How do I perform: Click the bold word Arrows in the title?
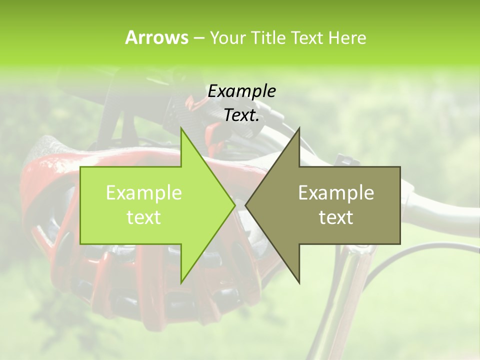tap(156, 37)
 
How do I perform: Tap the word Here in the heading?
tap(347, 37)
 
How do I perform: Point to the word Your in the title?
tap(227, 37)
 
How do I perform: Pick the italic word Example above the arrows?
tap(241, 91)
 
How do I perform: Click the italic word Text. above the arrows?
tap(241, 115)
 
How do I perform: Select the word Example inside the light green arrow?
tap(144, 192)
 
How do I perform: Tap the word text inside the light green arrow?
tap(144, 217)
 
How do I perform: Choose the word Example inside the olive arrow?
tap(336, 192)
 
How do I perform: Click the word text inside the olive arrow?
tap(336, 217)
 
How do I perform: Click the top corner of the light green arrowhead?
tap(181, 129)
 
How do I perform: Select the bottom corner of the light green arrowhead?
tap(181, 282)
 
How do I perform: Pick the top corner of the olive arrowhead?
tap(299, 129)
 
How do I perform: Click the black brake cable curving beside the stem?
tap(395, 260)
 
